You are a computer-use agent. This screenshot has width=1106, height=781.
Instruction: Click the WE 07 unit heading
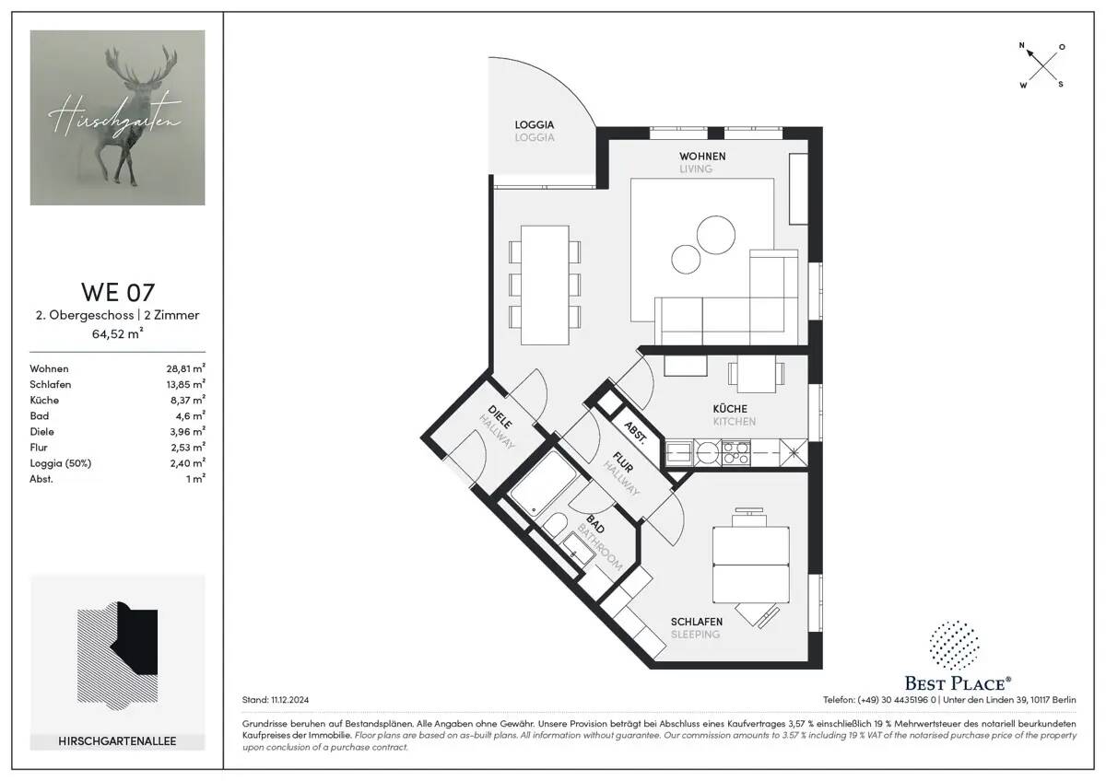pyautogui.click(x=117, y=292)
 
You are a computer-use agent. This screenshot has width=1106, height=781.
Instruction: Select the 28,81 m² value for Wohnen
pyautogui.click(x=185, y=368)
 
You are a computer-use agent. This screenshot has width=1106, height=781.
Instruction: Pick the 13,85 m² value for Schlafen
pyautogui.click(x=185, y=384)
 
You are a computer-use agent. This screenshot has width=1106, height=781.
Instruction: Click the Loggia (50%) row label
pyautogui.click(x=61, y=462)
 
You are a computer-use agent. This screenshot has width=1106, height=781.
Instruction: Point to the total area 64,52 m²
pyautogui.click(x=117, y=333)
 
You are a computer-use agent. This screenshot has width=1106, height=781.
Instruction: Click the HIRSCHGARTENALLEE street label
pyautogui.click(x=117, y=740)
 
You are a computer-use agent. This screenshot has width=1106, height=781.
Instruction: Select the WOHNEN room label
pyautogui.click(x=702, y=157)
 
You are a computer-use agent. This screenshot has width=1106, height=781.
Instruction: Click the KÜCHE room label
pyautogui.click(x=730, y=408)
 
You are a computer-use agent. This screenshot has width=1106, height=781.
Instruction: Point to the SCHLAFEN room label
pyautogui.click(x=696, y=622)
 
